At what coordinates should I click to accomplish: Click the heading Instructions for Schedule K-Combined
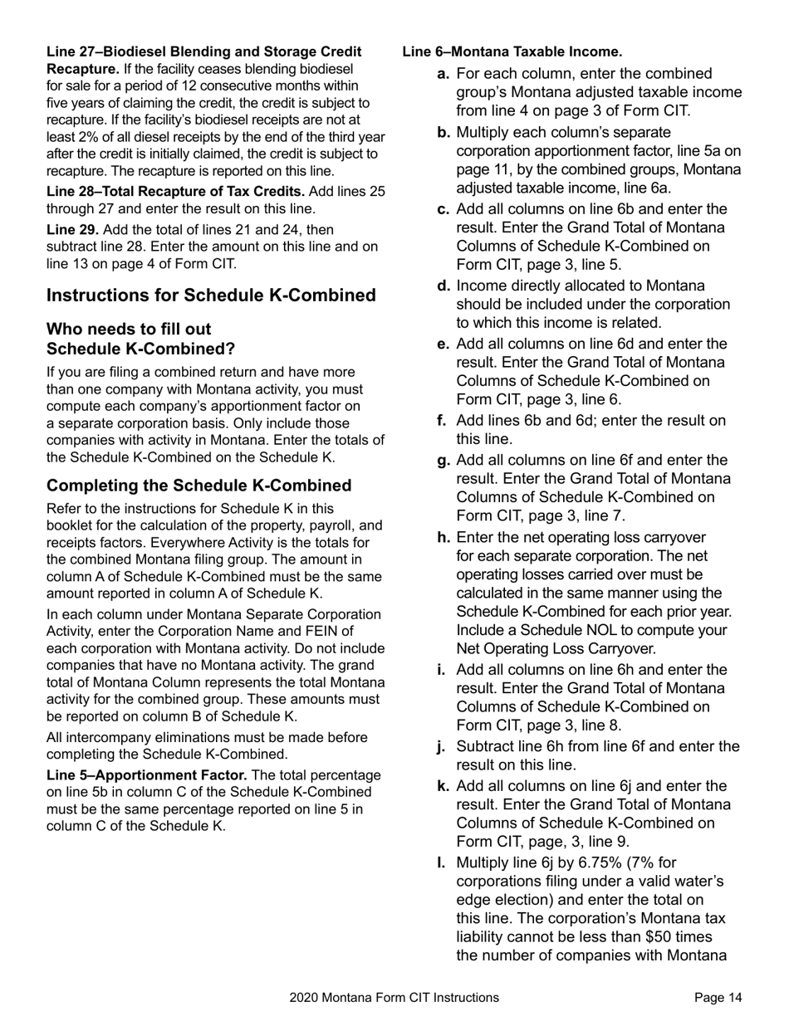(211, 296)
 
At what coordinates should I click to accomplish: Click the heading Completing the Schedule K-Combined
(198, 486)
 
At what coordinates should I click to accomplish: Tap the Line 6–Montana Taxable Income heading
(512, 52)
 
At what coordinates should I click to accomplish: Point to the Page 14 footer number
(718, 998)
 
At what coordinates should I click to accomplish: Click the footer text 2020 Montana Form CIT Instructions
(394, 998)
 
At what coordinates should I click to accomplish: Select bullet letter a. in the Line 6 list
(444, 75)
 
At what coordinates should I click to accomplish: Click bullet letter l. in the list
(441, 862)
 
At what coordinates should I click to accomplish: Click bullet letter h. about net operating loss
(444, 537)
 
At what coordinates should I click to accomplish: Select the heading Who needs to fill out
(129, 330)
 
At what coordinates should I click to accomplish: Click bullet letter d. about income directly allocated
(444, 286)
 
